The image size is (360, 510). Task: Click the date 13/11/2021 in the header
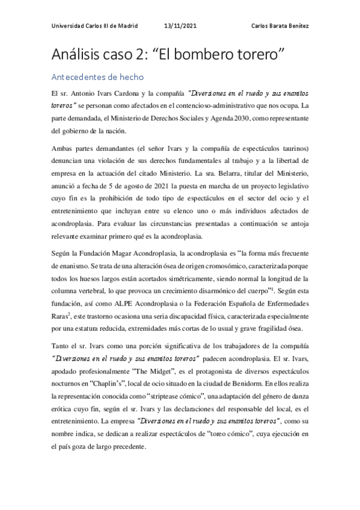pyautogui.click(x=180, y=25)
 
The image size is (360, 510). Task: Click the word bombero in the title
pyautogui.click(x=209, y=54)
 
